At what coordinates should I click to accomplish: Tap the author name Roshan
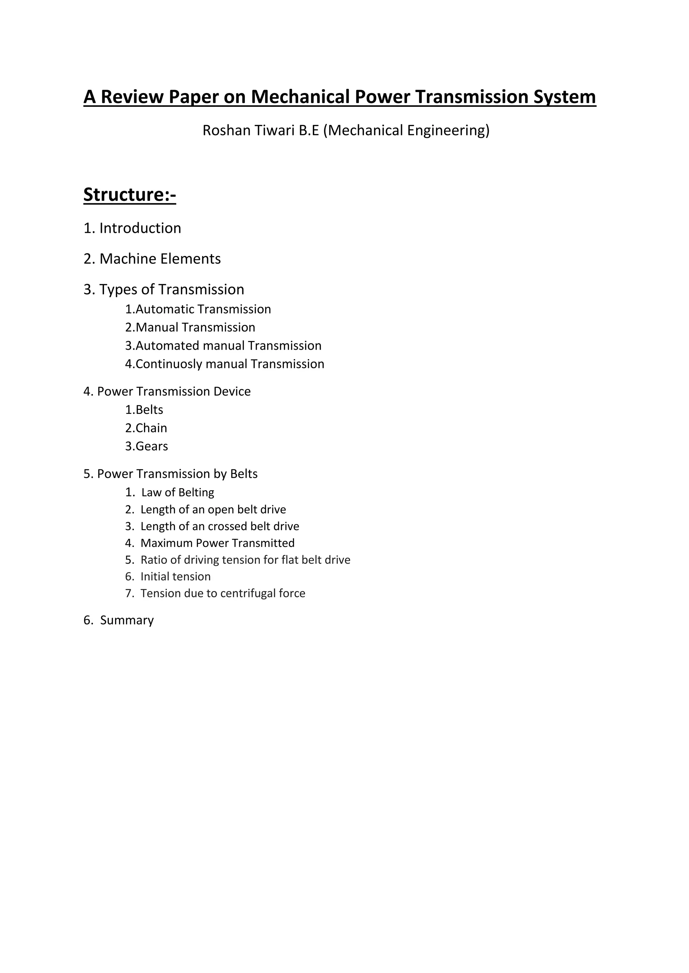pyautogui.click(x=226, y=130)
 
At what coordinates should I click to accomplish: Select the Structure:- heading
pyautogui.click(x=130, y=195)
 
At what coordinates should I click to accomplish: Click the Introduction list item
pyautogui.click(x=140, y=228)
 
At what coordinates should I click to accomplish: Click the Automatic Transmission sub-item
pyautogui.click(x=203, y=309)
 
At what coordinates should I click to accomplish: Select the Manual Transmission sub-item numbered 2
pyautogui.click(x=195, y=328)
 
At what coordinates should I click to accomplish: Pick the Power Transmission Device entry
pyautogui.click(x=174, y=391)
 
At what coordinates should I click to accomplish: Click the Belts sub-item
pyautogui.click(x=149, y=410)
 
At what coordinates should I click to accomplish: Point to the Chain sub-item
pyautogui.click(x=151, y=428)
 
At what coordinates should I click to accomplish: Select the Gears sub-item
pyautogui.click(x=151, y=446)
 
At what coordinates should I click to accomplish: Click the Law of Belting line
pyautogui.click(x=177, y=493)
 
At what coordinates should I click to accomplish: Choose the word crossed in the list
pyautogui.click(x=227, y=526)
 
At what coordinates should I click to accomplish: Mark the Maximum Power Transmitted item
pyautogui.click(x=217, y=543)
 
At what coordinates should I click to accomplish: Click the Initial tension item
pyautogui.click(x=175, y=577)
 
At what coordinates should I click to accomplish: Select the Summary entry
pyautogui.click(x=126, y=621)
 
